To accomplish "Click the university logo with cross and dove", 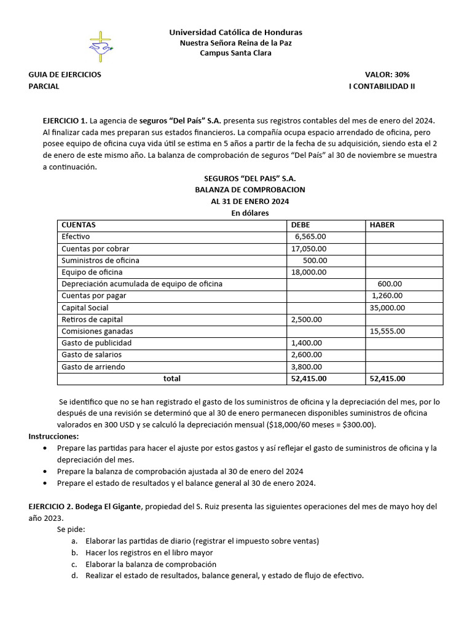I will [x=101, y=45].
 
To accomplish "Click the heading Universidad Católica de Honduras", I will [x=235, y=32].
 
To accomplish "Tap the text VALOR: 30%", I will [x=387, y=74].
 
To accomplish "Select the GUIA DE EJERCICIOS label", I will [x=65, y=74].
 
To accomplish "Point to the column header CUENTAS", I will [x=78, y=225].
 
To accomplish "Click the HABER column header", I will [x=382, y=225].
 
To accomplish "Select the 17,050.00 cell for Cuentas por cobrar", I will [x=309, y=249].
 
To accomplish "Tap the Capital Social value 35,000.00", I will [x=387, y=308].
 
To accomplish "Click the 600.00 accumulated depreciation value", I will [x=390, y=284].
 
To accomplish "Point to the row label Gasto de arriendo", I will [x=93, y=367].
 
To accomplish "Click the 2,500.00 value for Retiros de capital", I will [x=306, y=319].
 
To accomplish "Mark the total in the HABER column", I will [x=387, y=378].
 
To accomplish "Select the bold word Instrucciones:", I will [x=53, y=436].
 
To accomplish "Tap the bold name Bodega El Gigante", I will [x=109, y=507].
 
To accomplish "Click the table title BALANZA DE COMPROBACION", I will [x=250, y=190].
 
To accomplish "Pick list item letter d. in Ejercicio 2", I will [x=74, y=576].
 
